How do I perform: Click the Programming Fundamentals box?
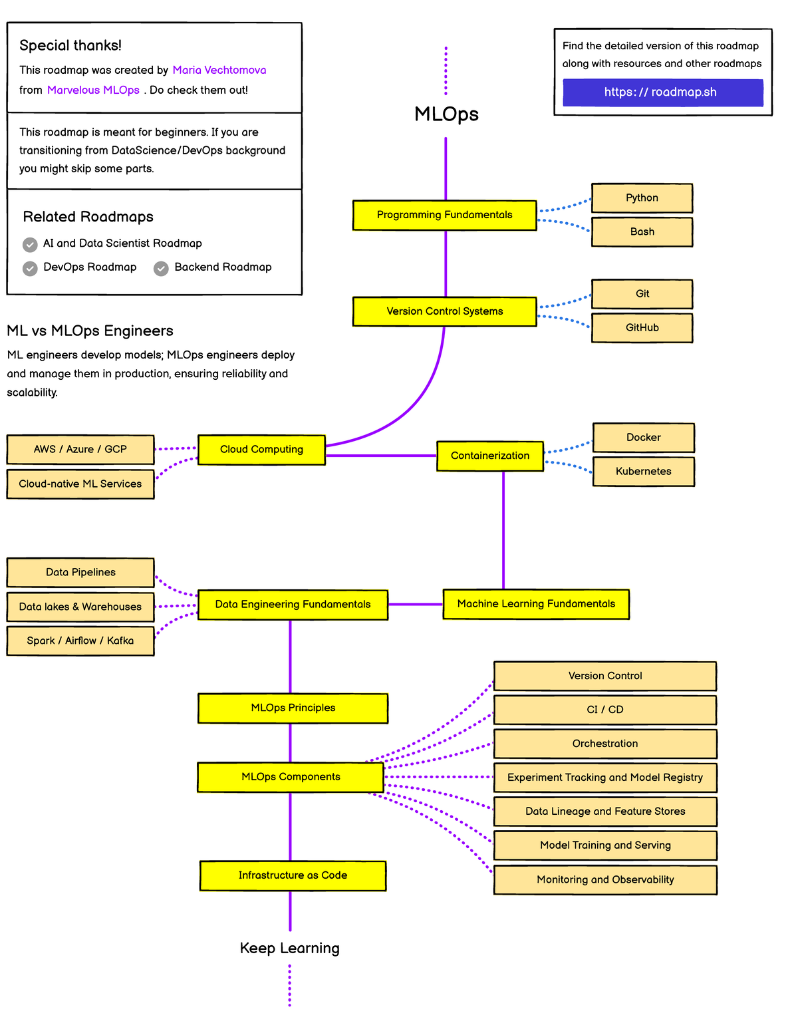444,215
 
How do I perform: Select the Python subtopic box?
642,198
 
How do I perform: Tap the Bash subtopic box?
642,232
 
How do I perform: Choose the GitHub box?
642,328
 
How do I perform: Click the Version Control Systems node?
444,311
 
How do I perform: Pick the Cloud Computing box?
261,450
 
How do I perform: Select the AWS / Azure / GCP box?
80,450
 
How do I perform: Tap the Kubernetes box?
643,472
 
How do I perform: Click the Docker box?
643,438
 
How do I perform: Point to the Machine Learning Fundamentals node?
536,604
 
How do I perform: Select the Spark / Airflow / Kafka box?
80,641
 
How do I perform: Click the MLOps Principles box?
293,708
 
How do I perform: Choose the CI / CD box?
605,710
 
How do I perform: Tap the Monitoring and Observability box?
605,880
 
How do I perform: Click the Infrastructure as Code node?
293,876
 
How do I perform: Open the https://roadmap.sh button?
662,92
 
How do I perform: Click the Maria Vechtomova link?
219,71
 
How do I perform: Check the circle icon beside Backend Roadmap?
161,268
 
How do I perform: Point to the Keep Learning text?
289,949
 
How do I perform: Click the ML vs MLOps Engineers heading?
90,331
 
